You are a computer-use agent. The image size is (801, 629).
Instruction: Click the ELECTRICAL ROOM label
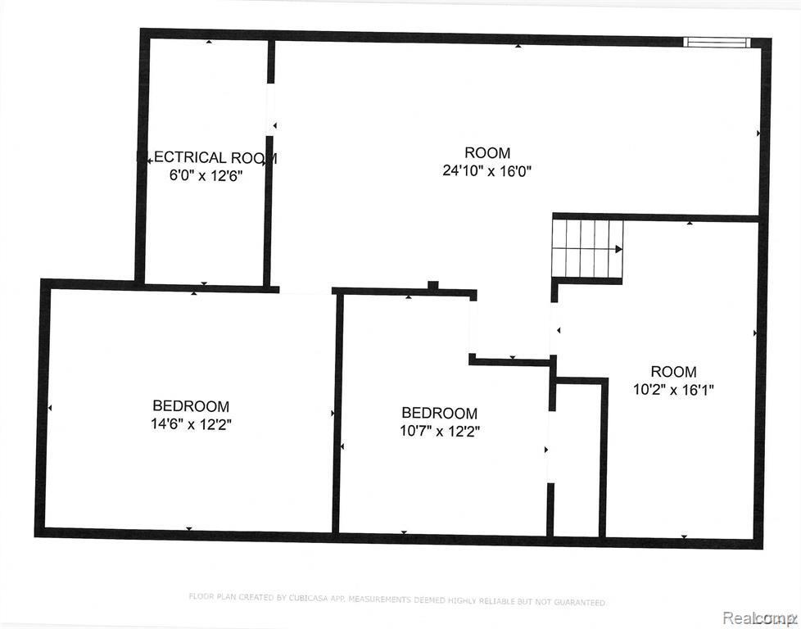(206, 158)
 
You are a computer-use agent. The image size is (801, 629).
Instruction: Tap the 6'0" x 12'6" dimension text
(206, 175)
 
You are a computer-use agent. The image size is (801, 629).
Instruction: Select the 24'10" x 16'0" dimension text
(487, 171)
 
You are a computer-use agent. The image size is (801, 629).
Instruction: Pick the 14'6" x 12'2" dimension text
(191, 424)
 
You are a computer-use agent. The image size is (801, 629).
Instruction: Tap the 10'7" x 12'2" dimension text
(439, 432)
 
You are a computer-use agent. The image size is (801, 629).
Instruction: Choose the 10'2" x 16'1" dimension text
(673, 390)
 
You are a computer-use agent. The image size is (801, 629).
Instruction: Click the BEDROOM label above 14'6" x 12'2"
(191, 406)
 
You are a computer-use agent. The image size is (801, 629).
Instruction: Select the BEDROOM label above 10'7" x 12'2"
(439, 414)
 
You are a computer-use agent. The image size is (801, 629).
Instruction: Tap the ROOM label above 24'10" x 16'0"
(487, 153)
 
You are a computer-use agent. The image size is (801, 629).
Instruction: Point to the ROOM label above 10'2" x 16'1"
(673, 372)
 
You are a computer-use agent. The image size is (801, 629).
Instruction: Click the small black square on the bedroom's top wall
(433, 286)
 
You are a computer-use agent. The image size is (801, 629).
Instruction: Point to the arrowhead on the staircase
(618, 248)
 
